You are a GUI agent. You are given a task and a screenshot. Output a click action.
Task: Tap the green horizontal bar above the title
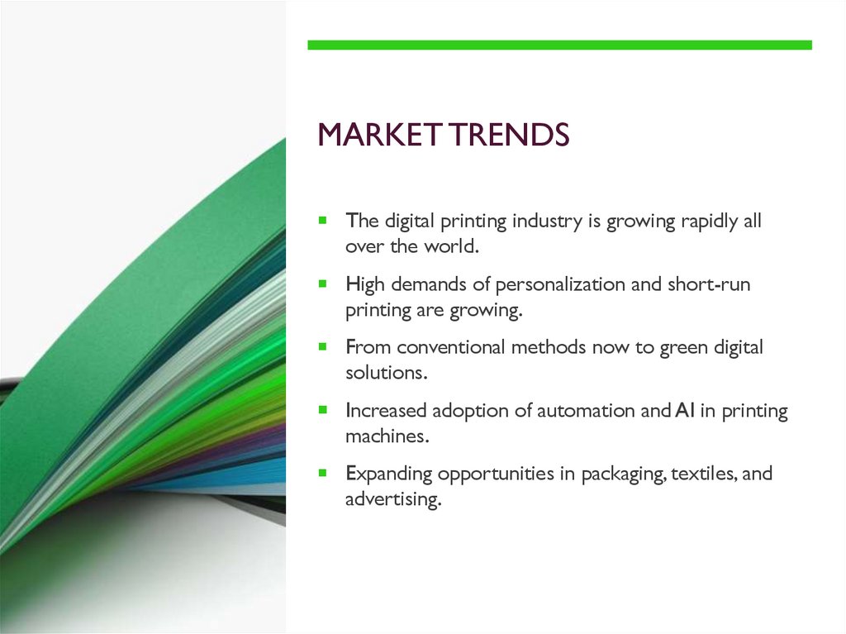coord(559,45)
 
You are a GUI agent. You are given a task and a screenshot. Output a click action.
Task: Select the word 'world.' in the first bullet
coord(452,246)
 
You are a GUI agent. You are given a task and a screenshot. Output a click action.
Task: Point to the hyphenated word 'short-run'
coord(712,285)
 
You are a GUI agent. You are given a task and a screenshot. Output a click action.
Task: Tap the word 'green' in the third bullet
coord(682,348)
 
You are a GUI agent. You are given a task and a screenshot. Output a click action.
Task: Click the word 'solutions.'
coord(387,373)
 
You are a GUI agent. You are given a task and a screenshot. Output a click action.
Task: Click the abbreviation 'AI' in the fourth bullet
coord(682,411)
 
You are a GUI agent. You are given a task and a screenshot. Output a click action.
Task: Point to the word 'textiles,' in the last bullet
coord(703,474)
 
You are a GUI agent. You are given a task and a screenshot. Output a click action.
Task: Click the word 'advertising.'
coord(393,499)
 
